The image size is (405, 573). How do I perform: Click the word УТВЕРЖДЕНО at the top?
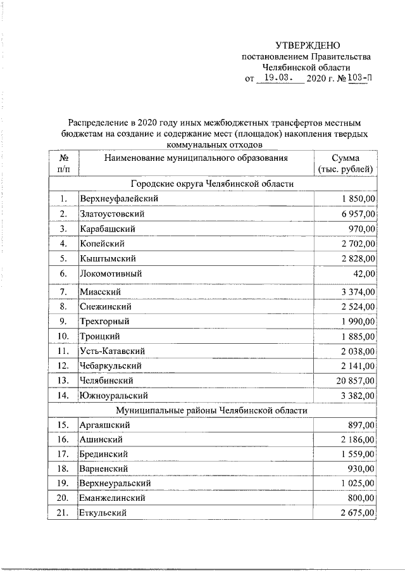[x=308, y=45]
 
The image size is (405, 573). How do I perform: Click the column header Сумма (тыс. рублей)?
[x=345, y=163]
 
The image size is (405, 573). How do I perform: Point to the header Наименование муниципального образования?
[x=196, y=158]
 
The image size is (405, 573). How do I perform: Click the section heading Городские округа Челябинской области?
[x=212, y=184]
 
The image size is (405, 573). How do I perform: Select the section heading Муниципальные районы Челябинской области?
[x=212, y=410]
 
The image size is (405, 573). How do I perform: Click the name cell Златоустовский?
[x=111, y=214]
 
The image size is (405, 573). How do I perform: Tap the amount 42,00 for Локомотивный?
[x=364, y=274]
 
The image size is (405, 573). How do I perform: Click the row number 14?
[x=63, y=396]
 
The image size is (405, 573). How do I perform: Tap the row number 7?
[x=63, y=292]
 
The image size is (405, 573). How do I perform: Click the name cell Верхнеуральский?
[x=115, y=483]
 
